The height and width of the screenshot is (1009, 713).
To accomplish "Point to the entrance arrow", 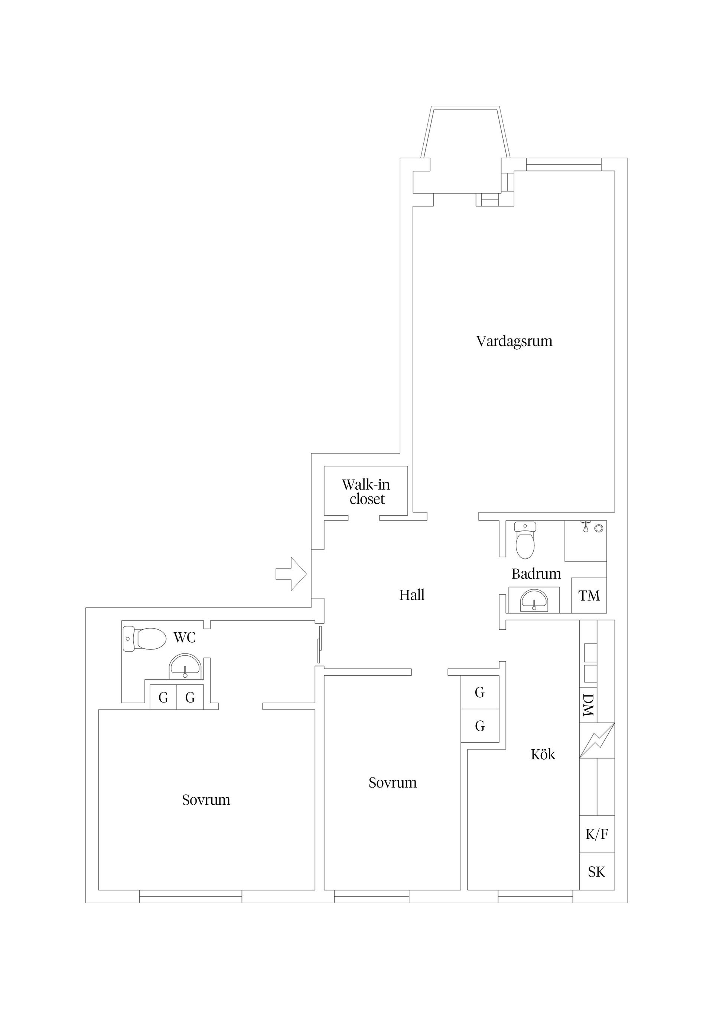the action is [291, 574].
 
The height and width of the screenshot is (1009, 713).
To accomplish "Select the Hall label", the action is [411, 595].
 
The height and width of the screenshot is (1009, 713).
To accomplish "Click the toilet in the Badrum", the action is [525, 540].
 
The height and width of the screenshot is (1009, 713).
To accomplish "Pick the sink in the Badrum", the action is [534, 600].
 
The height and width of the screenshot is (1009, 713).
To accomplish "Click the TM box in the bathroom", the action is [589, 596].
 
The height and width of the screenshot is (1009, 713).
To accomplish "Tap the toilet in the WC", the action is [144, 639].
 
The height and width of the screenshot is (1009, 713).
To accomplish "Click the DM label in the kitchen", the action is [588, 705].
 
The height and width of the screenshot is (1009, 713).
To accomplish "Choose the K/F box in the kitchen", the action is [597, 834].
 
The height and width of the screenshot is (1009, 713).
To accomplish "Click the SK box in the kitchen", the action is [597, 872].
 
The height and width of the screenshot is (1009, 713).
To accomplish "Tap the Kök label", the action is [543, 755].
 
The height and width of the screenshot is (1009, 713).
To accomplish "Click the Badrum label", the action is [536, 574].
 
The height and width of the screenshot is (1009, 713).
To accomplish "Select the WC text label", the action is [185, 637].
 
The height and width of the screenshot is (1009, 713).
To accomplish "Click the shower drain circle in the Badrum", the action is [598, 528].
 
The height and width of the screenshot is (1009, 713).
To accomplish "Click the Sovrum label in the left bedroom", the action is [206, 800].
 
